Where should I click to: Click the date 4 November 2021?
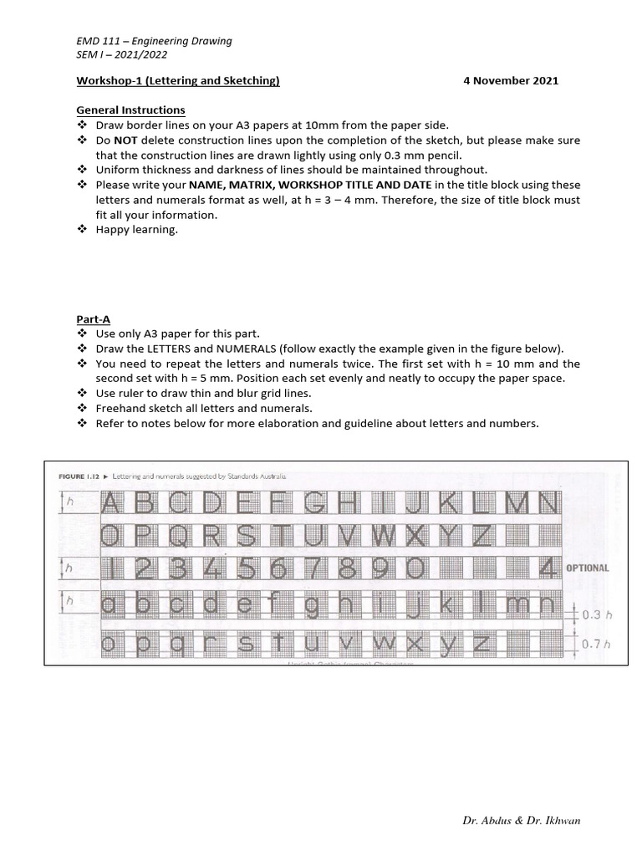coord(510,81)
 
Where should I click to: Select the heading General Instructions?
coord(130,110)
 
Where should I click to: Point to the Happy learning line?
coord(137,230)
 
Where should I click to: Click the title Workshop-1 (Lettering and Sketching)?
coord(178,81)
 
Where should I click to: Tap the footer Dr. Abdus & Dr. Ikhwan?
coord(521,820)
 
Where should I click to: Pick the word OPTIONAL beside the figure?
coord(588,568)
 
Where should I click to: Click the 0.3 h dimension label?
coord(592,614)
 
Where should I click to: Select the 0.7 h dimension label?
coord(592,645)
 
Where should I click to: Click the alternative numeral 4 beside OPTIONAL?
coord(548,568)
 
